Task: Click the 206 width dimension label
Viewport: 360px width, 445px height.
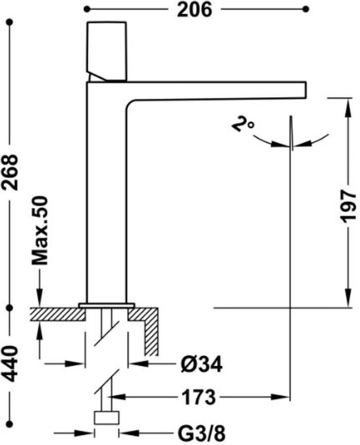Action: [x=194, y=10]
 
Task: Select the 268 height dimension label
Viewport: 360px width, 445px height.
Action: [x=10, y=172]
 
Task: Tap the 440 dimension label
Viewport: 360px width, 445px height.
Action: [x=10, y=363]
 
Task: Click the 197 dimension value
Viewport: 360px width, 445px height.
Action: [x=348, y=206]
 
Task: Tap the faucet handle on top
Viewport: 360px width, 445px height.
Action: [x=107, y=51]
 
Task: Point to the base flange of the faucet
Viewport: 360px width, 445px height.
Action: [x=107, y=306]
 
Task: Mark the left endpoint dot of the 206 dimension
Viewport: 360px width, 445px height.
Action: [x=87, y=9]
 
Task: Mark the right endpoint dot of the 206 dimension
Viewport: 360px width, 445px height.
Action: [x=306, y=9]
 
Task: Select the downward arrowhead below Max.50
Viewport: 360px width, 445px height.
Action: [x=40, y=298]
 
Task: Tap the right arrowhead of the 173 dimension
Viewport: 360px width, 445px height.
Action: [x=280, y=397]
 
